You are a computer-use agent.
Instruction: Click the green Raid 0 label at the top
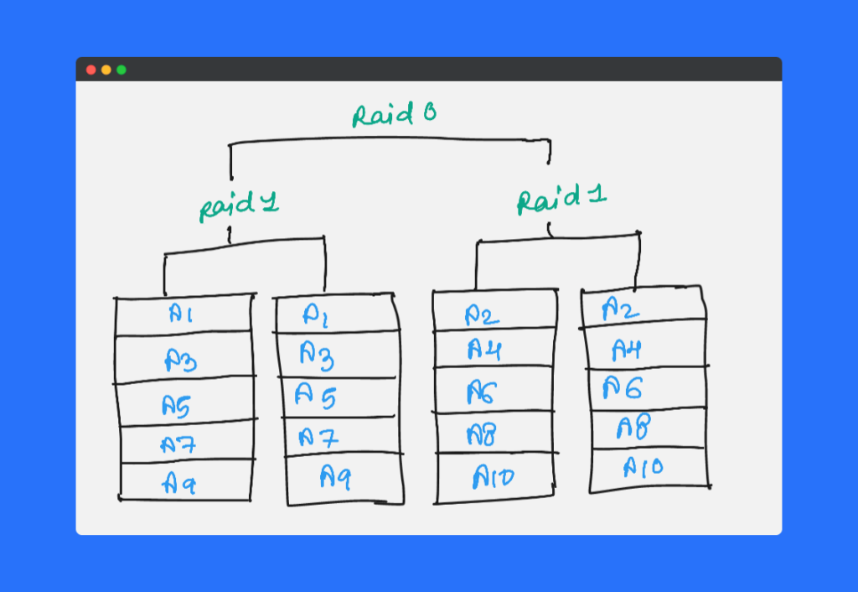point(394,115)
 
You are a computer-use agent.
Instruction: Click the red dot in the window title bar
point(91,70)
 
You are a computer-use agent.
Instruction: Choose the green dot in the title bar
point(121,70)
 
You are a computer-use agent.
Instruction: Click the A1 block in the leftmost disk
point(182,314)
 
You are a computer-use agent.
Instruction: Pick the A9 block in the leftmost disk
point(182,481)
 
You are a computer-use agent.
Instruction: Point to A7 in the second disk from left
point(318,437)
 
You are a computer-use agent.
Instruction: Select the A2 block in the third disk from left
point(483,314)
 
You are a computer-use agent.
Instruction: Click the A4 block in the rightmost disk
point(627,348)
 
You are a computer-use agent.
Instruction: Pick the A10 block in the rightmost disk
point(643,467)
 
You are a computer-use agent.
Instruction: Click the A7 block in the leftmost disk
point(179,444)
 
